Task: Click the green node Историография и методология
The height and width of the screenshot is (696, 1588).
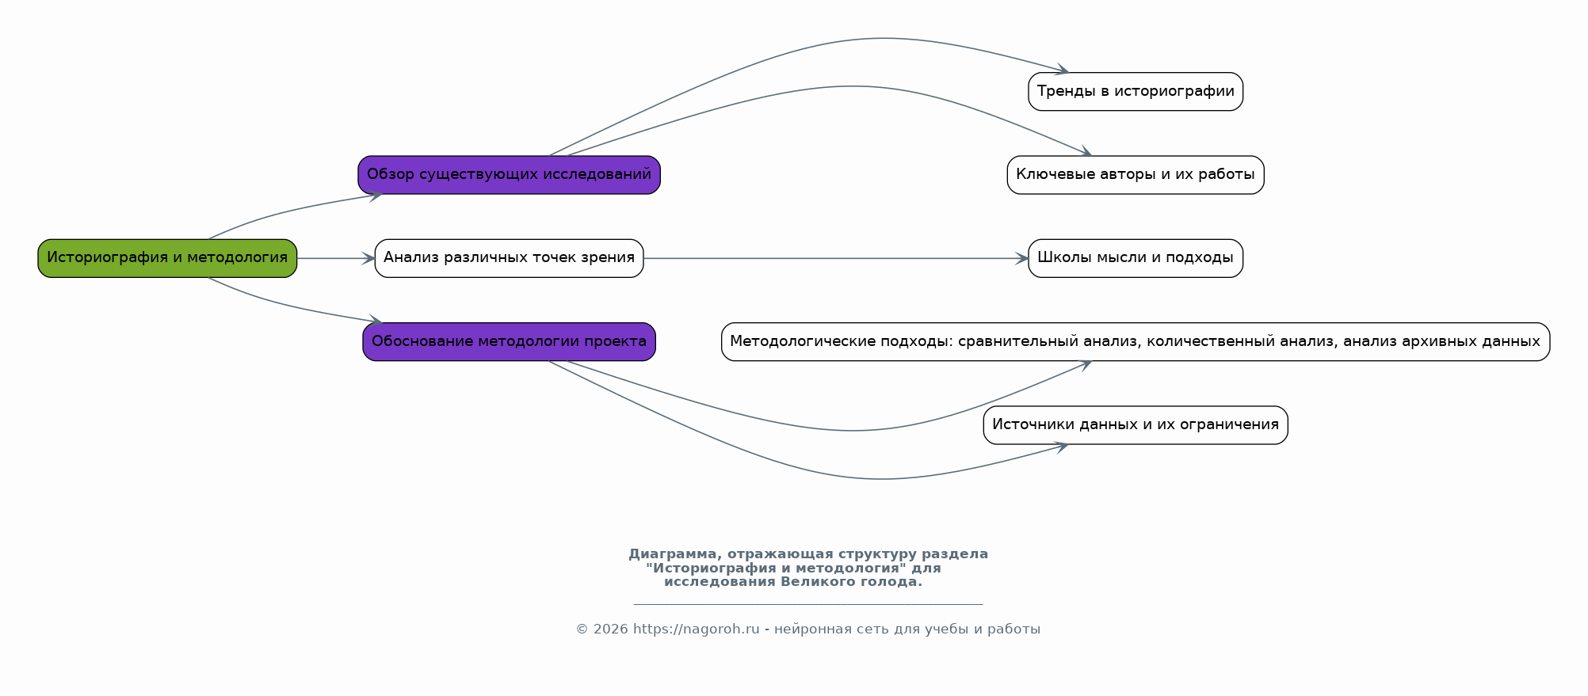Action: point(167,258)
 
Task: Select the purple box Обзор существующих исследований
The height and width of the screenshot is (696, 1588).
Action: point(509,175)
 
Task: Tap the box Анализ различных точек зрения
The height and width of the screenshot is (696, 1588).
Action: point(509,258)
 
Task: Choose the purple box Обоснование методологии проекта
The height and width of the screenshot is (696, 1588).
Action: point(509,342)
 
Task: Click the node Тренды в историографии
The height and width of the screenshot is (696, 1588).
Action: point(1136,92)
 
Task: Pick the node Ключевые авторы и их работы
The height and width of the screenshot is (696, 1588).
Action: point(1136,175)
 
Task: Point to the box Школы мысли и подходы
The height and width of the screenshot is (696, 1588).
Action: point(1136,258)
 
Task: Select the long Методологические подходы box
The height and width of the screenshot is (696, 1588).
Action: point(1136,342)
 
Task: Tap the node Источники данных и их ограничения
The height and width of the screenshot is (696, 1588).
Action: point(1136,425)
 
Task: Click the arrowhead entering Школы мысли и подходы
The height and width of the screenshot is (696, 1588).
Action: point(1021,258)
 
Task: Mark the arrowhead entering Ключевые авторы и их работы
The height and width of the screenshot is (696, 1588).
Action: point(1086,152)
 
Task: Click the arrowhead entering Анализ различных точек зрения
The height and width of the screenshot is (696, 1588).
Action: point(368,258)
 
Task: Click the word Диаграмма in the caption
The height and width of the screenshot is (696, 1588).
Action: point(674,554)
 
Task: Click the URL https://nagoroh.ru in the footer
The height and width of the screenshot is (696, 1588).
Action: point(696,629)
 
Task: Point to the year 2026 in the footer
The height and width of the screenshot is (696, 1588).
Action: point(610,629)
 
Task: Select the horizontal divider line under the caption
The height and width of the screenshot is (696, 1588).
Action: point(808,604)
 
